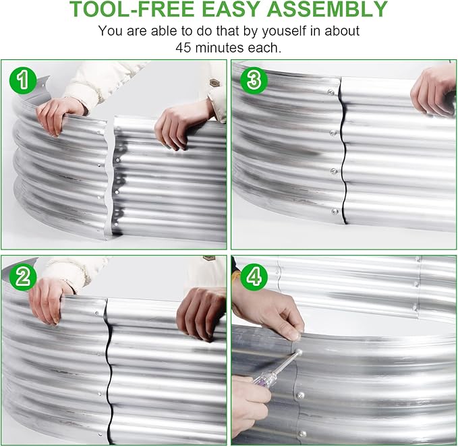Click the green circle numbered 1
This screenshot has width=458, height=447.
coord(23,80)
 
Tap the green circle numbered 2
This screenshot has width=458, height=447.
coord(23,277)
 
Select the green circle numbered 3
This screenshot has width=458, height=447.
coord(254,80)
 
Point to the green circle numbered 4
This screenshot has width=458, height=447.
coord(254,277)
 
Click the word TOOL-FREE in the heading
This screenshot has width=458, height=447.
coord(132,9)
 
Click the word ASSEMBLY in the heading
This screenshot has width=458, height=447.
coord(327,9)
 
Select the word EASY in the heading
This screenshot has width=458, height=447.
coord(231,9)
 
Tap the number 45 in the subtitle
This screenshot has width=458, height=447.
coord(183,48)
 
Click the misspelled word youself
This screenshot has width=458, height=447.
coord(280,31)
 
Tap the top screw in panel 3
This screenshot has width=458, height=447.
coord(331,92)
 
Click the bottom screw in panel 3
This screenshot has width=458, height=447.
coord(335,212)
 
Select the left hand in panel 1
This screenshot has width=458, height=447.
coord(59,115)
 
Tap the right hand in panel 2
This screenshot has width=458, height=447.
coord(202,312)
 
